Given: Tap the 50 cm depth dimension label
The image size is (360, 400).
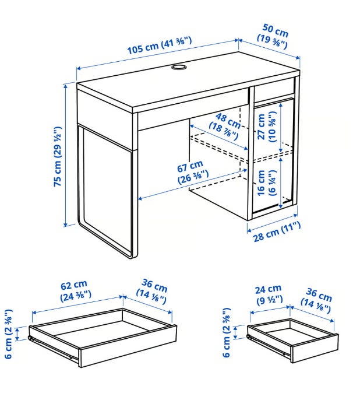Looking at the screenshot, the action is point(273,36).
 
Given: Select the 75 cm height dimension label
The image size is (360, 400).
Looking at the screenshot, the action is point(58,156).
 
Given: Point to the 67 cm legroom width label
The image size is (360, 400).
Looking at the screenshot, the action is point(193,171).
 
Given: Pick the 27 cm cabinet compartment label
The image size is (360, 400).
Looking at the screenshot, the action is point(266,127).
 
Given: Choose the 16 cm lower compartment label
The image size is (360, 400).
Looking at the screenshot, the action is point(266,183).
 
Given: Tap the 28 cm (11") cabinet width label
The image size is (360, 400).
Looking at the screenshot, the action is point(277,231).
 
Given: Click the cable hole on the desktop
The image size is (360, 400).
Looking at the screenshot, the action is point(179,67).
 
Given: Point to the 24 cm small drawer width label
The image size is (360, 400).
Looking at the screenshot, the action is point(269,295).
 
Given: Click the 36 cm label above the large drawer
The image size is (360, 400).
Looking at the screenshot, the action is point(152,292).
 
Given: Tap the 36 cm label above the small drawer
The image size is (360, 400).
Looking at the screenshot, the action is point(316,300).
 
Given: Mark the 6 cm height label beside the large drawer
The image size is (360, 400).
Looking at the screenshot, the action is point(8,334).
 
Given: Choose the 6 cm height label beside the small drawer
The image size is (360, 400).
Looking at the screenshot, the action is point(227,332).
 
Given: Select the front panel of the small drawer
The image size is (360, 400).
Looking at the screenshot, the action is point(315,348).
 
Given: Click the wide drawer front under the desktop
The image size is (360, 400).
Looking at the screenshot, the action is point(193,109).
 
